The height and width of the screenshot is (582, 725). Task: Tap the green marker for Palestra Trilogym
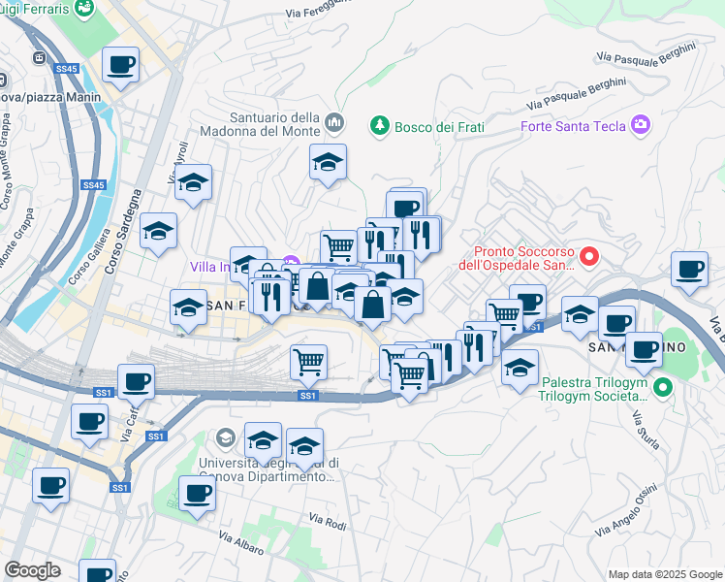pyautogui.click(x=663, y=388)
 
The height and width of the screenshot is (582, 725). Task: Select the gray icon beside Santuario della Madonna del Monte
pyautogui.click(x=335, y=122)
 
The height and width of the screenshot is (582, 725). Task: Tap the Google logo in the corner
pyautogui.click(x=32, y=570)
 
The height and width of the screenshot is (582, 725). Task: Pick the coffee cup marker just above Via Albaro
pyautogui.click(x=197, y=493)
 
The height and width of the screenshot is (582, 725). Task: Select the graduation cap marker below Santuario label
pyautogui.click(x=329, y=162)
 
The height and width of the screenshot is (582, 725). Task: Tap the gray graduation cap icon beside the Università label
pyautogui.click(x=226, y=437)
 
